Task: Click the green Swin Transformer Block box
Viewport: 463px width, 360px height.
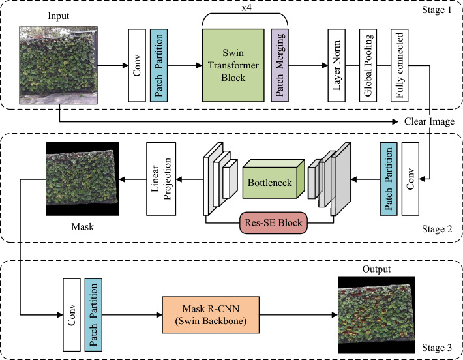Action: pos(233,65)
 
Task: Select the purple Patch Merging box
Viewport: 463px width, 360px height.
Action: pos(280,65)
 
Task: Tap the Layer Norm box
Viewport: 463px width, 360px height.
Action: pos(336,65)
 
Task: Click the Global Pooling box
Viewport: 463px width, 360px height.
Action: pos(368,65)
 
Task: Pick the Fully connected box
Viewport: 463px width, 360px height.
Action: pos(399,65)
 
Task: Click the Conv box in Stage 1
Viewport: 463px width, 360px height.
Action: pos(137,65)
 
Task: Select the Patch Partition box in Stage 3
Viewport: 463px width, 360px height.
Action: pos(93,315)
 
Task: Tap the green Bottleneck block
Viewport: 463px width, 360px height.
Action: pos(273,179)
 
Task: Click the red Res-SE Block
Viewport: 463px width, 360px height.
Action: pos(273,222)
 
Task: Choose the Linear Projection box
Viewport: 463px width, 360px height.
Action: pos(161,179)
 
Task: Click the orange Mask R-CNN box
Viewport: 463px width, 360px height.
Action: pos(211,315)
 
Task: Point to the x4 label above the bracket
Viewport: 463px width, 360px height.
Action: pos(246,8)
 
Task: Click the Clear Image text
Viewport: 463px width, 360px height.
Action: pos(429,121)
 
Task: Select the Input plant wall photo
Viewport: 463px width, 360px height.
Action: pos(58,65)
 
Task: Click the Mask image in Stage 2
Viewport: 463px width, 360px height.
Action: pos(83,179)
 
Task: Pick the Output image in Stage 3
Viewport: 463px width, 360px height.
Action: pos(376,315)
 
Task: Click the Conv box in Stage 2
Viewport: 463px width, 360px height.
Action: pos(410,179)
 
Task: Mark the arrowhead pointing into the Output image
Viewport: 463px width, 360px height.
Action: pos(335,315)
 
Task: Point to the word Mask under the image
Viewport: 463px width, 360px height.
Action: pos(83,226)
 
